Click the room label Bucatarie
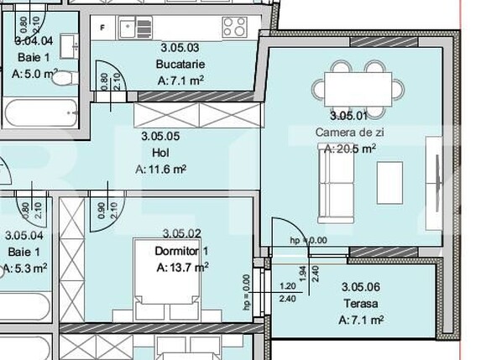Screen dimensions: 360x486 pyautogui.click(x=180, y=65)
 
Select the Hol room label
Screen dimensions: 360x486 pyautogui.click(x=161, y=152)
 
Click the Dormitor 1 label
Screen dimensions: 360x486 pyautogui.click(x=181, y=250)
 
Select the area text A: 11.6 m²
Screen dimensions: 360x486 pyautogui.click(x=161, y=169)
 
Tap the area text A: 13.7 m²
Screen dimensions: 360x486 pyautogui.click(x=183, y=267)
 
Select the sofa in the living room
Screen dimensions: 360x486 pyautogui.click(x=335, y=188)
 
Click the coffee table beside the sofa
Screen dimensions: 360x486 pyautogui.click(x=389, y=184)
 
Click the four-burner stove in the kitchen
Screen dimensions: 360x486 pyautogui.click(x=234, y=26)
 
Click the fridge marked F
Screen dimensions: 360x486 pyautogui.click(x=103, y=27)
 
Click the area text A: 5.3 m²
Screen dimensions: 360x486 pyautogui.click(x=25, y=269)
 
